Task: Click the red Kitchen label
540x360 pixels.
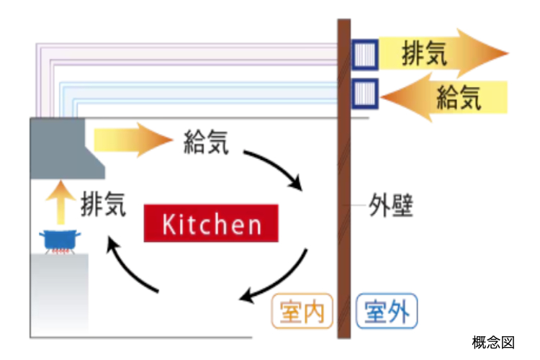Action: (211, 223)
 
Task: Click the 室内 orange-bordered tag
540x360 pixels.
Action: (302, 311)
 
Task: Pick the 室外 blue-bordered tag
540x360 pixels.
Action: (387, 311)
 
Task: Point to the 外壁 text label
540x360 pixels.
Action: (391, 205)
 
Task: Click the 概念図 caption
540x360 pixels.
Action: (493, 343)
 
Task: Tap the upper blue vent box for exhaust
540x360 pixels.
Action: (365, 55)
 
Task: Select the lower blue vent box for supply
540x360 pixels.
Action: (365, 94)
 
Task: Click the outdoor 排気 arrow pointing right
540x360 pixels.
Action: (444, 53)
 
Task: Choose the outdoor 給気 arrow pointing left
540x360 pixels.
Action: (444, 97)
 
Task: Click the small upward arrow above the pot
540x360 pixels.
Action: (60, 202)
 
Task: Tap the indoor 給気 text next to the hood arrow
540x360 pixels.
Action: (206, 142)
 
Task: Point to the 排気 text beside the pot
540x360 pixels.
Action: (103, 204)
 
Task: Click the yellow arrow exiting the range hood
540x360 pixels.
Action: (133, 140)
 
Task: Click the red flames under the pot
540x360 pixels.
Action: (60, 251)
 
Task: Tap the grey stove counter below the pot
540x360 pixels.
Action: (59, 294)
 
